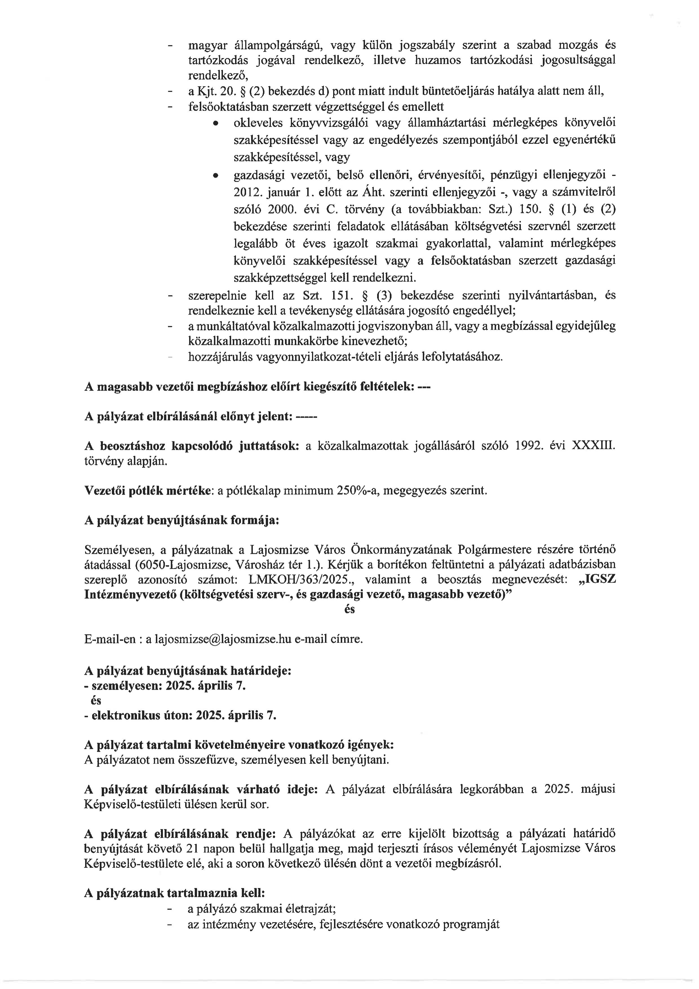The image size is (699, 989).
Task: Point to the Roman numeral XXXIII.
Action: point(593,446)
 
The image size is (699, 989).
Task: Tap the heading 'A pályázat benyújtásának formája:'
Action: point(182,520)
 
